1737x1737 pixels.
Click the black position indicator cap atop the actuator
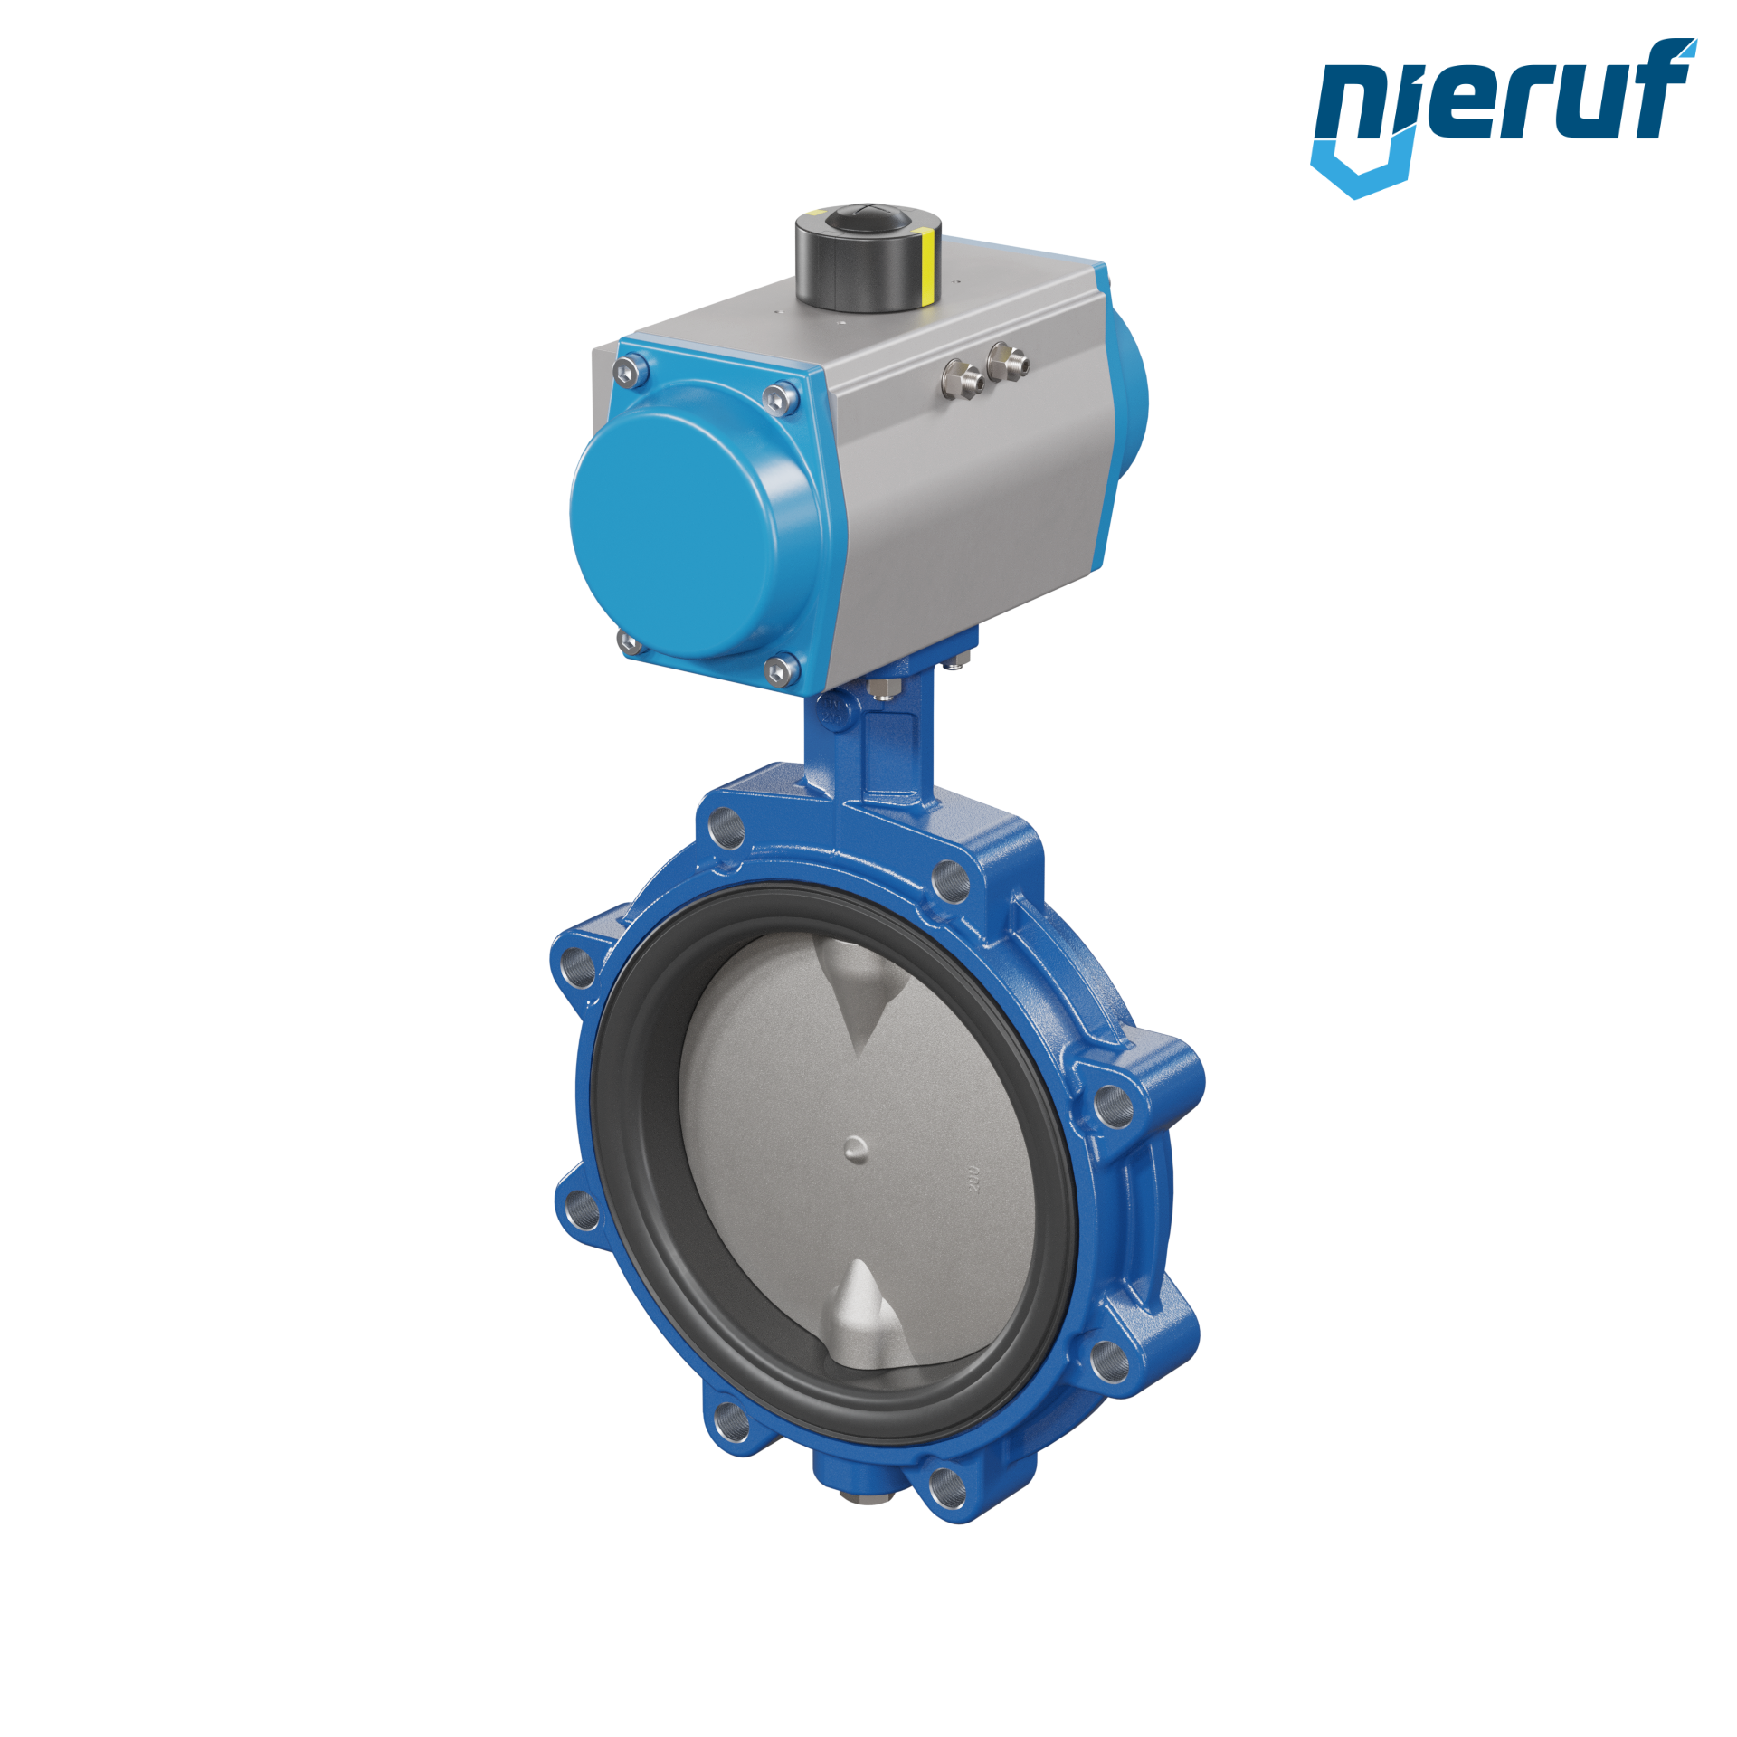point(868,257)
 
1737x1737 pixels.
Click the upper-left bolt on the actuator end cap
point(630,370)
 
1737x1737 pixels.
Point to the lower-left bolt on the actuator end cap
point(629,643)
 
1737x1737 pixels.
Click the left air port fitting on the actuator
point(963,375)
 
